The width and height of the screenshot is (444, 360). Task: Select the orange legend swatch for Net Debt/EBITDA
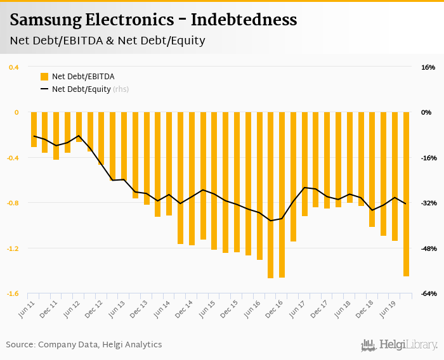tap(44, 77)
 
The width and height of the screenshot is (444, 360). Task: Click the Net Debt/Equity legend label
tap(81, 89)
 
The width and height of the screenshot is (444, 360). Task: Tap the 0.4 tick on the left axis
tap(14, 67)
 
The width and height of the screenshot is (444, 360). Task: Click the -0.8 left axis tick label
tap(13, 203)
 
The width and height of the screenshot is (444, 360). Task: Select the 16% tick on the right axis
tap(428, 67)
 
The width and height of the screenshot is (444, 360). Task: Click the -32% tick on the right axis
tap(428, 203)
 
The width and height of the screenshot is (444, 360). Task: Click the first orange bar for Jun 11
tap(34, 130)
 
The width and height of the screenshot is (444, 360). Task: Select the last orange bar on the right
tap(406, 194)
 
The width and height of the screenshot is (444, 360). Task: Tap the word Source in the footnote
tap(20, 345)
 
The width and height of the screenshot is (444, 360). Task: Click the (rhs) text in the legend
tap(121, 89)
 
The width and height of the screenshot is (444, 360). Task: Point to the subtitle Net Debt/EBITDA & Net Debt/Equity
tap(107, 41)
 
